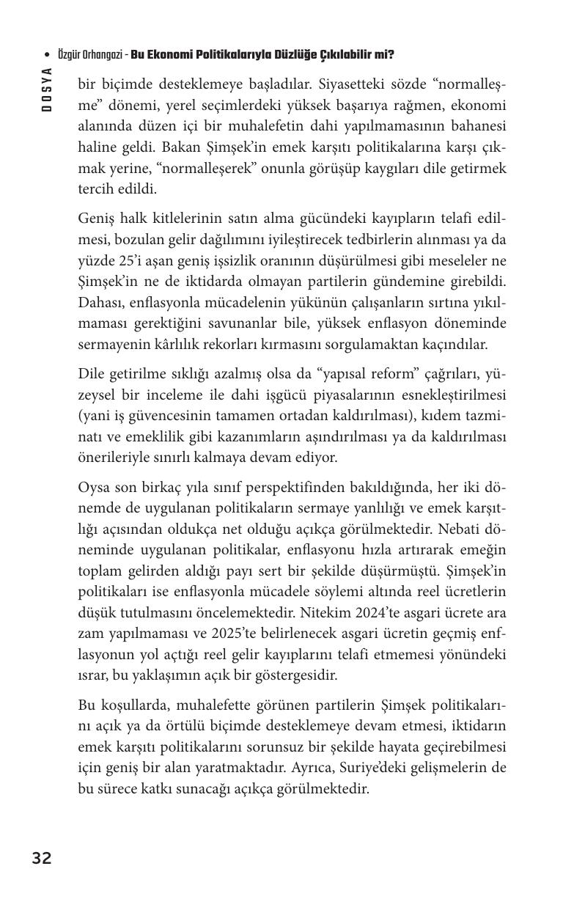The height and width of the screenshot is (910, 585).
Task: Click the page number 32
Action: coord(42,858)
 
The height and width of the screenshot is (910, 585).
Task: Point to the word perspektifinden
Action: coord(276,487)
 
